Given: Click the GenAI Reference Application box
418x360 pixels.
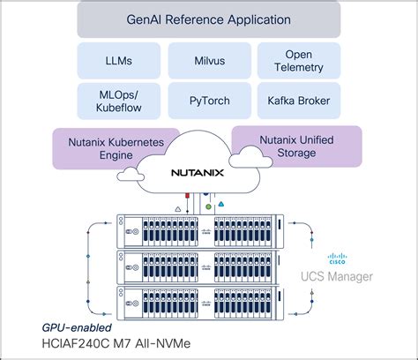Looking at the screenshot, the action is tap(209, 20).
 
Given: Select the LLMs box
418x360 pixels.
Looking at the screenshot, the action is tap(119, 61).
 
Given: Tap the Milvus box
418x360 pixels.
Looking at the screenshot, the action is tap(210, 61).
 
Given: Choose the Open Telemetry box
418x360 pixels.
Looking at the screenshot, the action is tap(299, 61).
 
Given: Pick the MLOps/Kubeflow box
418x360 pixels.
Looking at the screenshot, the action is tap(119, 101).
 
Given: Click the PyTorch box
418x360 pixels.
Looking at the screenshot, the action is tap(210, 101).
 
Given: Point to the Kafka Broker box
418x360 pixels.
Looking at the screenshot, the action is tap(299, 101).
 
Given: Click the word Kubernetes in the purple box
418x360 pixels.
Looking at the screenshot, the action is tap(136, 142).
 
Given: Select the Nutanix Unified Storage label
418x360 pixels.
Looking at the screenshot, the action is tap(296, 146).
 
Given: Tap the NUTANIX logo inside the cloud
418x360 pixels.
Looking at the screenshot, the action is tap(198, 173).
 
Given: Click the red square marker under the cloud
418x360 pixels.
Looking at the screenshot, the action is tap(187, 196).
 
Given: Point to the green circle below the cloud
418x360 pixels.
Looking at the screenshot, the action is tap(208, 206).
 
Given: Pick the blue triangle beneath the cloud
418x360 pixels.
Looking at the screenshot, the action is tap(221, 204).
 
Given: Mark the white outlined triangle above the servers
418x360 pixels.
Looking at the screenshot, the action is tap(178, 209).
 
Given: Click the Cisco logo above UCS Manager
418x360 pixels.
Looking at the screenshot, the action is tap(337, 259).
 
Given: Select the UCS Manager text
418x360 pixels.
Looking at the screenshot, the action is tap(337, 276).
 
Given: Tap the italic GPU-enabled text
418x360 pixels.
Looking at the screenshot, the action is tap(77, 327).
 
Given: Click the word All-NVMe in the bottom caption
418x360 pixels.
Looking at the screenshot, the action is tap(162, 343).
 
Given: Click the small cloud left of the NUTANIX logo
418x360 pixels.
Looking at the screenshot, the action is tap(131, 175).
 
